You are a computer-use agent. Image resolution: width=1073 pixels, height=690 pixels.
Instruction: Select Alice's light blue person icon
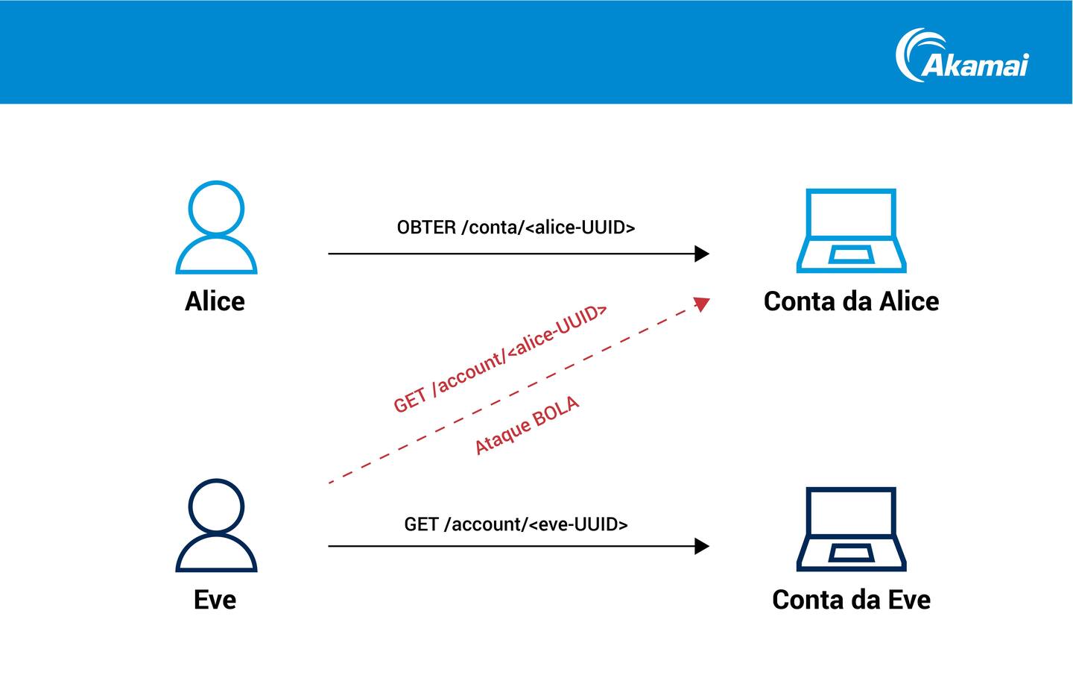coord(216,228)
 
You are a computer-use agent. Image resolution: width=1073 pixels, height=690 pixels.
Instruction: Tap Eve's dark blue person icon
coord(216,526)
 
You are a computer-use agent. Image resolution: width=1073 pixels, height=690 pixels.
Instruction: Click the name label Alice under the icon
coord(215,301)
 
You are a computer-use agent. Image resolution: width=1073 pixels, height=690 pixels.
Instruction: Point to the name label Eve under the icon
coord(215,600)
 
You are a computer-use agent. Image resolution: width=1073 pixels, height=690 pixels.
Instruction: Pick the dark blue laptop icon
coord(851,529)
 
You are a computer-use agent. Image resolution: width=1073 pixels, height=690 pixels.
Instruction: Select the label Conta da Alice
coord(851,301)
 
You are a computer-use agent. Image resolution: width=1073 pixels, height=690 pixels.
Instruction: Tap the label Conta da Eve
coord(851,600)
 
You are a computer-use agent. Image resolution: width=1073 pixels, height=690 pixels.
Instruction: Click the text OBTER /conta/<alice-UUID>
coord(516,228)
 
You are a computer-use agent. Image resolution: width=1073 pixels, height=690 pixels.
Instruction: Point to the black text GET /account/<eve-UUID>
coord(516,524)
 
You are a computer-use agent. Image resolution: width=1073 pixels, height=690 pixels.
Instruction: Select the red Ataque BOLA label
coord(527,425)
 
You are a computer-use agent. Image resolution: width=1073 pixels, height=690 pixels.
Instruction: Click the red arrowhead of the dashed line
coord(701,303)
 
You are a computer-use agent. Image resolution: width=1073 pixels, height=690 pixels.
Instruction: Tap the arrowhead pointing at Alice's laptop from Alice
coord(701,254)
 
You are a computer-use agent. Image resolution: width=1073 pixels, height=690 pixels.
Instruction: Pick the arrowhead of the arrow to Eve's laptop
coord(701,546)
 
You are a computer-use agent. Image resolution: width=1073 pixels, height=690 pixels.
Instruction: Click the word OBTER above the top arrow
coord(426,228)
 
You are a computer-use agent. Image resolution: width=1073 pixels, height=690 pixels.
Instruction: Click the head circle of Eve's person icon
coord(216,506)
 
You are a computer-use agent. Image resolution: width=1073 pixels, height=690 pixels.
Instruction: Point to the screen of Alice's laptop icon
coord(851,213)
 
